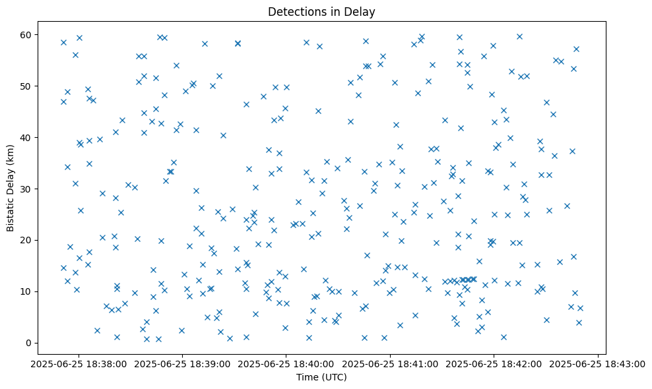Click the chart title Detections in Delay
321,11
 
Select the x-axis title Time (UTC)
321,377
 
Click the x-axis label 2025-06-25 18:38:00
78,363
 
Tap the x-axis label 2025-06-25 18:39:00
182,363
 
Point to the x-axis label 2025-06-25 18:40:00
286,363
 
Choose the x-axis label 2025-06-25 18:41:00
390,363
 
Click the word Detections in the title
296,11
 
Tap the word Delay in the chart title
362,11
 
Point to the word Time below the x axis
308,377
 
